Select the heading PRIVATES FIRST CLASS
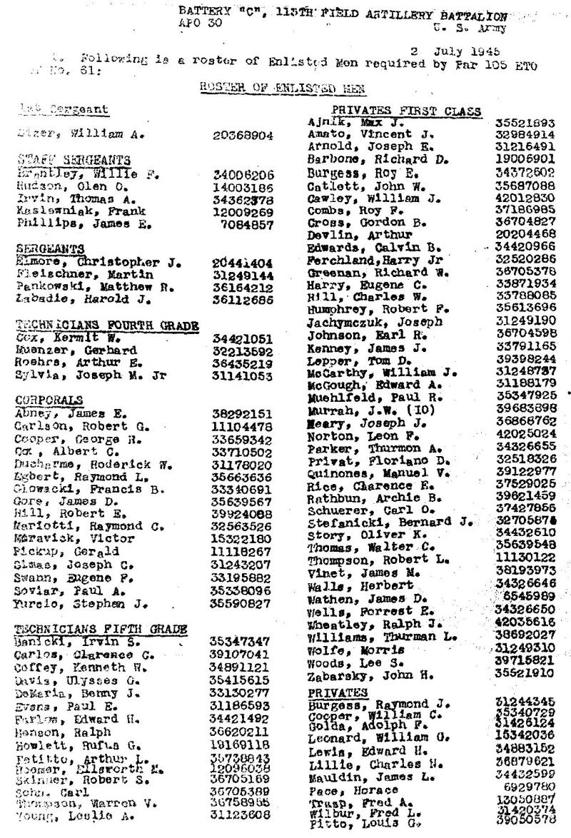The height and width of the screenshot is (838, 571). tap(396, 111)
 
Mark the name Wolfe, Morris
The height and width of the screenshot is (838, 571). tap(345, 650)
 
